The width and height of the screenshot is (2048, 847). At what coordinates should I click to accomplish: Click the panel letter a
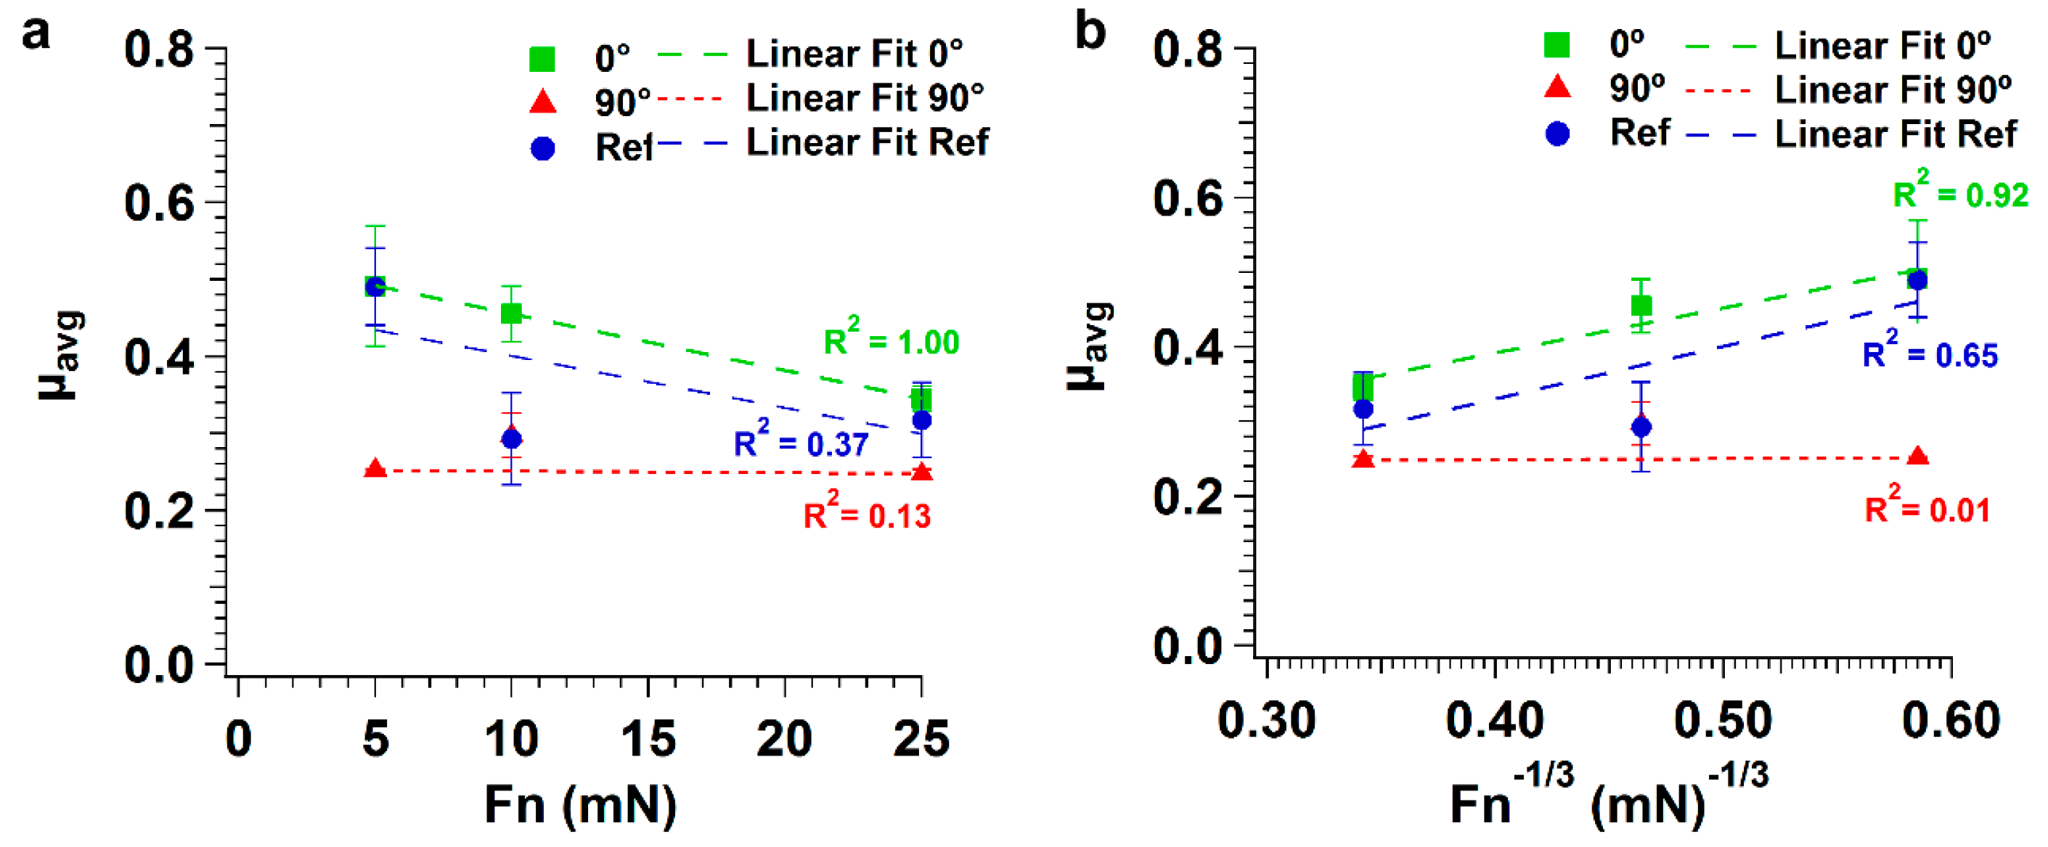point(36,34)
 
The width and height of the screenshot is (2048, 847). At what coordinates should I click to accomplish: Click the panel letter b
point(1089,32)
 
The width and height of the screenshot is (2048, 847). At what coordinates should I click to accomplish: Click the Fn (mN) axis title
point(580,804)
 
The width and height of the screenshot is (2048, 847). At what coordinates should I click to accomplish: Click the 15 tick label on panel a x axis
point(648,738)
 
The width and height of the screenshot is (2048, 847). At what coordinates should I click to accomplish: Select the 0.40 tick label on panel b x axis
point(1494,720)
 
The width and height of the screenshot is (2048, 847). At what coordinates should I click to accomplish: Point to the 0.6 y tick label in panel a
point(159,202)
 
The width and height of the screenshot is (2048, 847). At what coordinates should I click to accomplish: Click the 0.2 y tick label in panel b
point(1188,497)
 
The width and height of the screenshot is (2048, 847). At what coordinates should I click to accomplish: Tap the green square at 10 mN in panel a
point(511,313)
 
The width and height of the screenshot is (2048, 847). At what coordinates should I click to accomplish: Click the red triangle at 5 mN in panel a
point(375,469)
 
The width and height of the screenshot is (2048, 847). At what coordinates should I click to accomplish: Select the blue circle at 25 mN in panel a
point(921,420)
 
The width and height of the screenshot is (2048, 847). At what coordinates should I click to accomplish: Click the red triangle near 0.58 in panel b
point(1917,456)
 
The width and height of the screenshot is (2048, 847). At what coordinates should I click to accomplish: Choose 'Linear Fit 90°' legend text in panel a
point(865,99)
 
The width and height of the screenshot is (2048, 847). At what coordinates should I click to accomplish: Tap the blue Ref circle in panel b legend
point(1557,134)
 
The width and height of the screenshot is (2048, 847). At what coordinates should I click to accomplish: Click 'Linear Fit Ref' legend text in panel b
point(1896,134)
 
